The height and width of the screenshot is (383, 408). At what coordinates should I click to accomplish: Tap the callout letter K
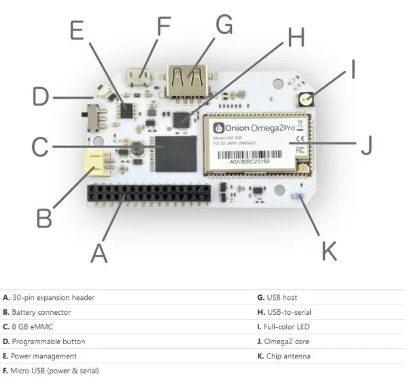328,249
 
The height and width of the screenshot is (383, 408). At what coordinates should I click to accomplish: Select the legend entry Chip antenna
282,356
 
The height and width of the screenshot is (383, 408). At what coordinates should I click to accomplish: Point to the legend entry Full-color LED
282,326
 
